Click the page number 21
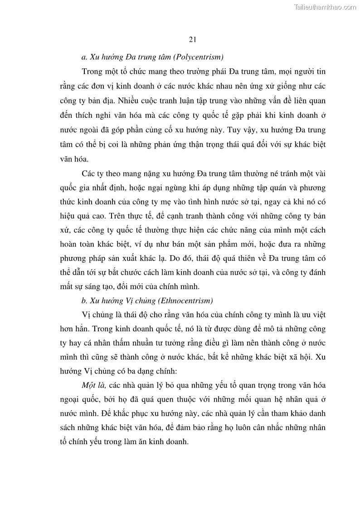[x=192, y=39]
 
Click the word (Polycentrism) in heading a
[x=200, y=57]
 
